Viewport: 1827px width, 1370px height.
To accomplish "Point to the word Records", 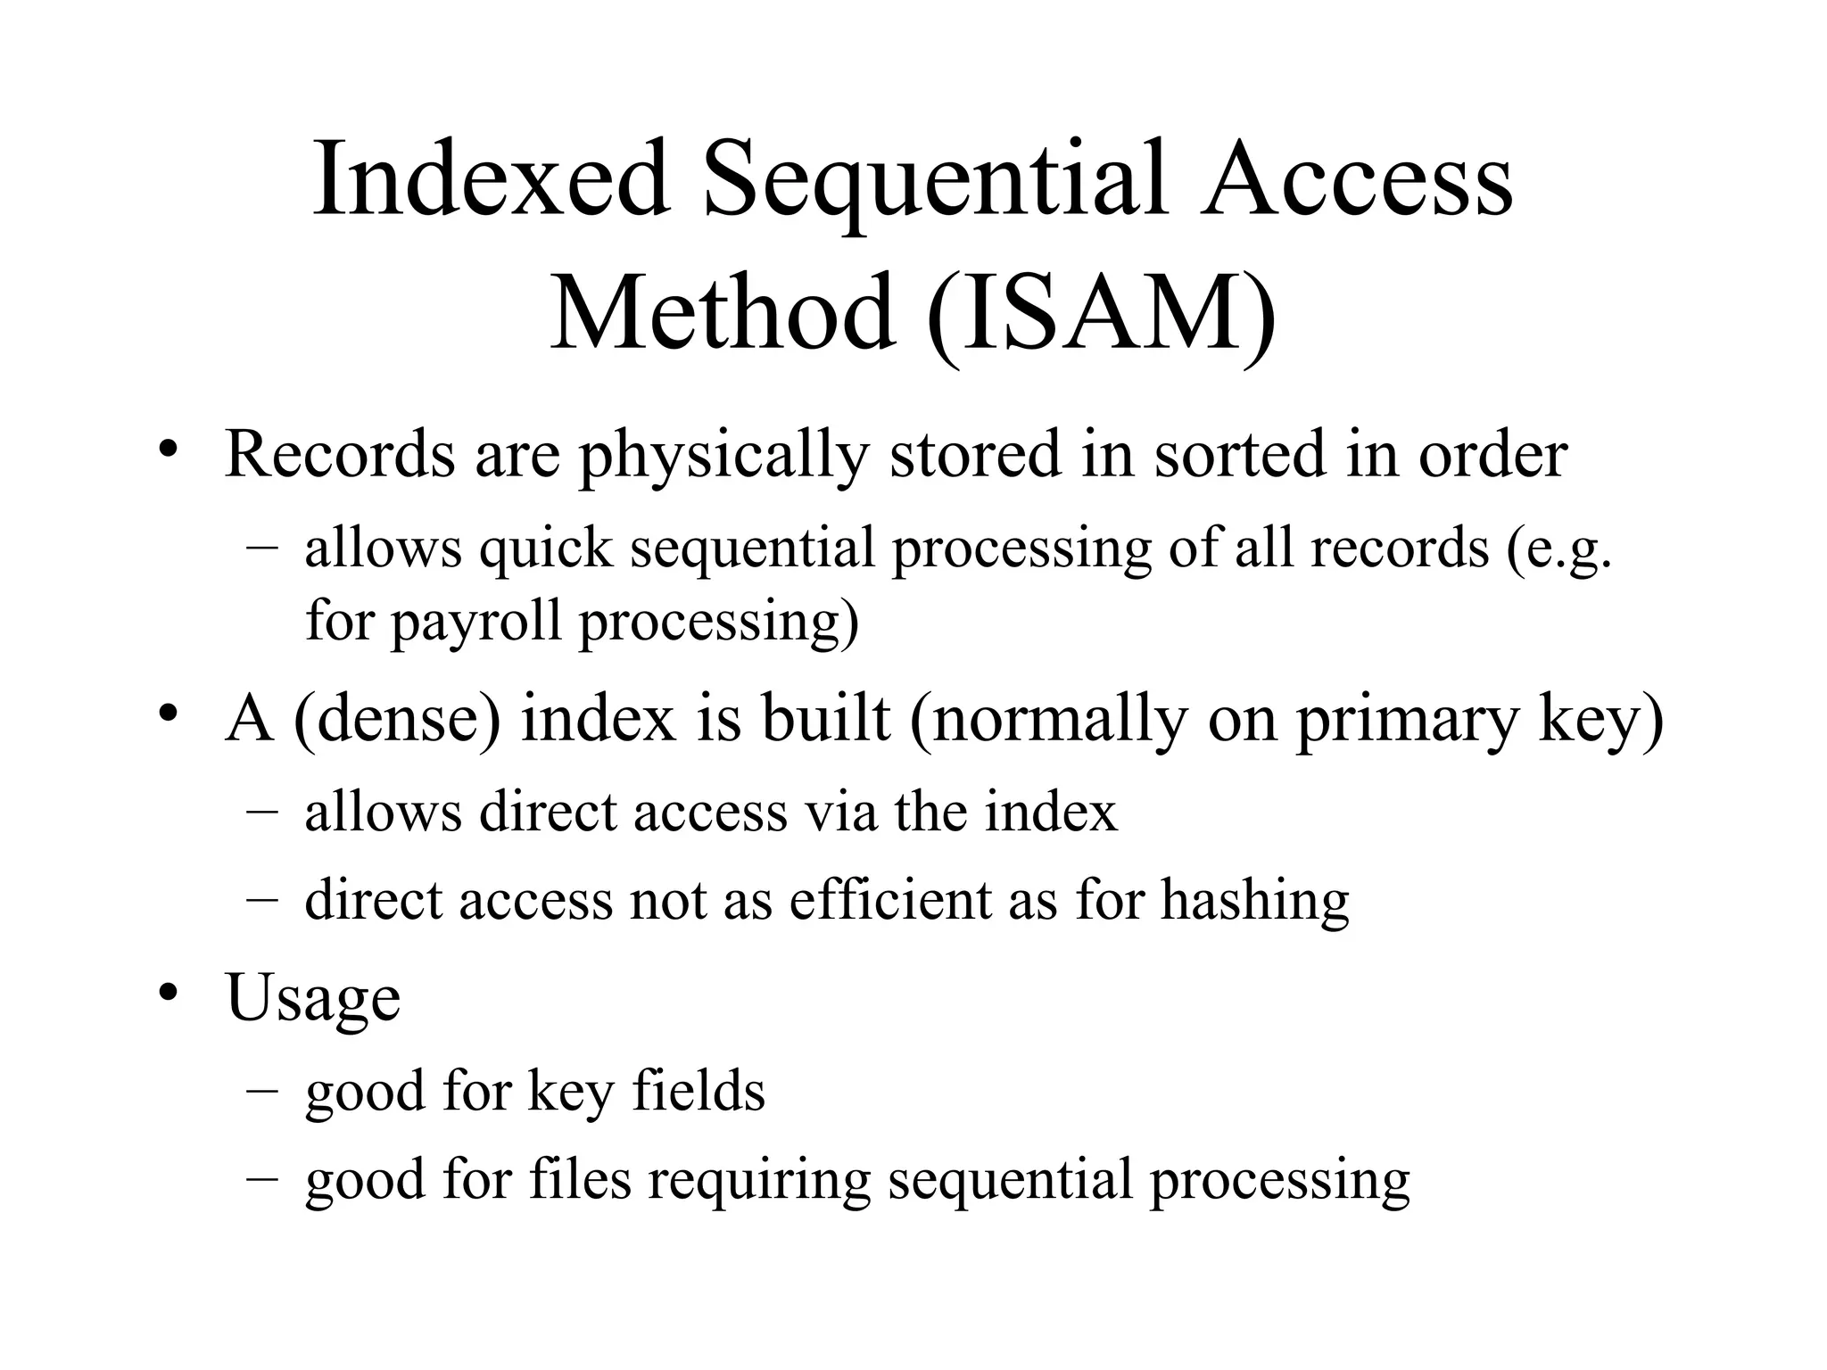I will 340,454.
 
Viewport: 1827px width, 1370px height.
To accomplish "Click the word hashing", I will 1255,901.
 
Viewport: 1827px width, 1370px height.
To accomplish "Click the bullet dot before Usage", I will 166,992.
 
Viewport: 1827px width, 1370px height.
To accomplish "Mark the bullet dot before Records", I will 166,448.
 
